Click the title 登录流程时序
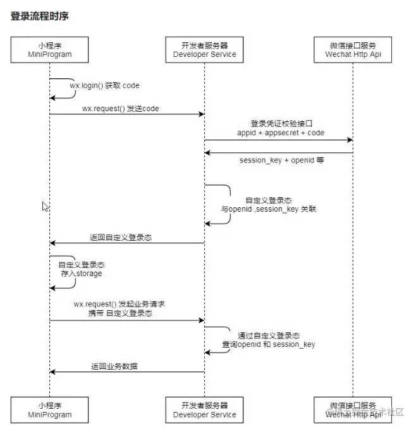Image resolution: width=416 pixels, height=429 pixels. (39, 16)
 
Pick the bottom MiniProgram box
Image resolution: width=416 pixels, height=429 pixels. (50, 409)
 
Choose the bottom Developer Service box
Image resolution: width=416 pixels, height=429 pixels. (204, 409)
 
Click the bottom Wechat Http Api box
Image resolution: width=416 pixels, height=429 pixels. (352, 409)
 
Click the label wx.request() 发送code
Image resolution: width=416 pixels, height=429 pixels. (120, 109)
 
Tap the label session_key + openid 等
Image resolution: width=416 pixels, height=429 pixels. (281, 160)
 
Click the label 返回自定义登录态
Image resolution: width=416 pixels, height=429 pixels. (121, 238)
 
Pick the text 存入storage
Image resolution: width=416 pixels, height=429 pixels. (80, 274)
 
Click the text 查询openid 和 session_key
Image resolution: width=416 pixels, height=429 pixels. (268, 344)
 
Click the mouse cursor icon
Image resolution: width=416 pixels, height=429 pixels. (45, 207)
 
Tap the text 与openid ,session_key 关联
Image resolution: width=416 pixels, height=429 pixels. (268, 208)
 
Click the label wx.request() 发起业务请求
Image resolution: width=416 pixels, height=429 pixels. (119, 304)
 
